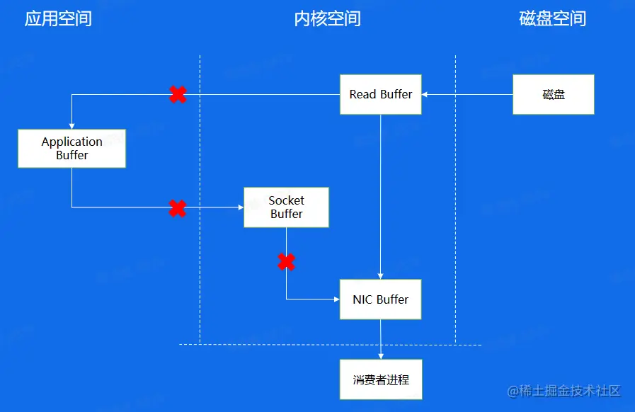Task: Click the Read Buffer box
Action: [381, 94]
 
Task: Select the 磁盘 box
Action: [553, 94]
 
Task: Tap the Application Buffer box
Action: [71, 149]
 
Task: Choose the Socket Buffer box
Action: [286, 207]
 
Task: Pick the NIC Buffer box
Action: [381, 299]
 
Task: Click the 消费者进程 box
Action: [381, 380]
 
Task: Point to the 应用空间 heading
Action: [58, 18]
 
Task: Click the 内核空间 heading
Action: [327, 18]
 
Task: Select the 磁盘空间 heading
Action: [553, 18]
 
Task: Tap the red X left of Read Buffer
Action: [178, 94]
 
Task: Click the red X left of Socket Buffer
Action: [178, 208]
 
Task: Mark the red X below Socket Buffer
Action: [286, 262]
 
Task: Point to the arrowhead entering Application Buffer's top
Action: [71, 125]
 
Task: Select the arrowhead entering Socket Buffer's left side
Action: [240, 207]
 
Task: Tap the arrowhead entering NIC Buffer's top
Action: [381, 275]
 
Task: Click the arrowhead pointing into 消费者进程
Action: [381, 355]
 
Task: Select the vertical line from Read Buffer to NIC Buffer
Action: [381, 191]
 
